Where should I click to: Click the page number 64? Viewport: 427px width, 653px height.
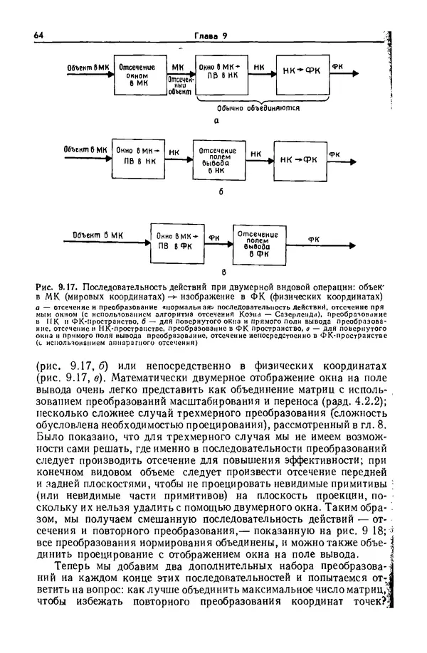point(39,37)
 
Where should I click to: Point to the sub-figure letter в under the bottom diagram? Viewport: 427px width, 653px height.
point(222,271)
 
